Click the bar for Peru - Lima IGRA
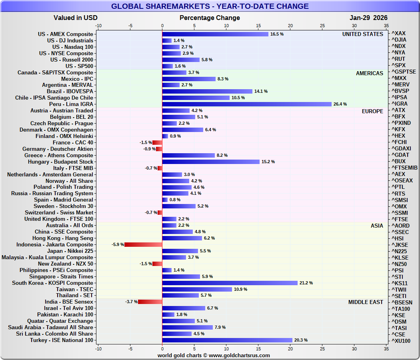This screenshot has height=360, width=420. (x=247, y=104)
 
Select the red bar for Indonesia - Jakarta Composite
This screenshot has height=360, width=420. (x=143, y=244)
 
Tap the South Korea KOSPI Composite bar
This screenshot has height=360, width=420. (x=230, y=283)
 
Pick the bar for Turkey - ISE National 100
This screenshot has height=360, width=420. (x=227, y=340)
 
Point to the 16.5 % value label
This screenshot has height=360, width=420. (x=277, y=34)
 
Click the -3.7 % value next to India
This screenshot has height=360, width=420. (x=131, y=302)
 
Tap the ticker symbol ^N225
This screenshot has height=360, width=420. (x=401, y=251)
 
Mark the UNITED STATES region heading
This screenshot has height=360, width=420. (x=362, y=34)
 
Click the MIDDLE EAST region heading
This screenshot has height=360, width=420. (x=366, y=302)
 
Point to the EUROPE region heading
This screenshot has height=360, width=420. (x=372, y=111)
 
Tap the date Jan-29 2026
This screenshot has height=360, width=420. (x=368, y=18)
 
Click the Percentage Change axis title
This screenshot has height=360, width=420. (x=210, y=18)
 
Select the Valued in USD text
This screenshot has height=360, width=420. (x=76, y=18)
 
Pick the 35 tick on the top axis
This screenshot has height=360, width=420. (x=386, y=25)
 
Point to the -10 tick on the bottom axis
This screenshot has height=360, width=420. (x=98, y=349)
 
